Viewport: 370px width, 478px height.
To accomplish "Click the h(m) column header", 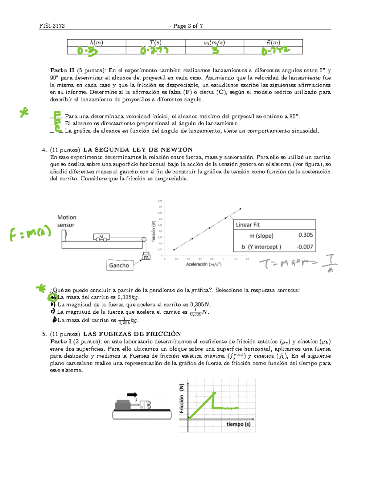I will click(97, 43).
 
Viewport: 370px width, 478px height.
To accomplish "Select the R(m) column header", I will click(273, 43).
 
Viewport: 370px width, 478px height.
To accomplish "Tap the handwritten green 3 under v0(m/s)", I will click(215, 50).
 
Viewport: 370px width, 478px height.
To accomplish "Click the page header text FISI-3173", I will click(52, 26).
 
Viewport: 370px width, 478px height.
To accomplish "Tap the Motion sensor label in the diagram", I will click(66, 221).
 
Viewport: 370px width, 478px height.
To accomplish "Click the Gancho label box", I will click(119, 265).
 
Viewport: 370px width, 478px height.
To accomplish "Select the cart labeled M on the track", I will click(101, 237).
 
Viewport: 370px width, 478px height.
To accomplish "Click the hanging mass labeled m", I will click(146, 256).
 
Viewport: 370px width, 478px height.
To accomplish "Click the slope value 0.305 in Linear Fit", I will click(305, 235).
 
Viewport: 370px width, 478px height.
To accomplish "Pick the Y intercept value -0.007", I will click(304, 247).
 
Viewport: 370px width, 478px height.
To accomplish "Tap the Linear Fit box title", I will click(248, 225).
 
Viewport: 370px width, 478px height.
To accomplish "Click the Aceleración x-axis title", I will click(204, 264).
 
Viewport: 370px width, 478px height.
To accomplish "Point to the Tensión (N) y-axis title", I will click(153, 231).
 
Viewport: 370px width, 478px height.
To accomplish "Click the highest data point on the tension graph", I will click(240, 209).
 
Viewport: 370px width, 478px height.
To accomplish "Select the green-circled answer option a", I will click(53, 297).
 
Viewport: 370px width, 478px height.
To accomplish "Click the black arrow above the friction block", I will click(132, 395).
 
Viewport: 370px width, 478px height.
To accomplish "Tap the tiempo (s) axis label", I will click(238, 424).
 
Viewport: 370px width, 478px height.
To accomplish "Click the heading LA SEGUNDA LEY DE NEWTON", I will click(138, 150).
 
